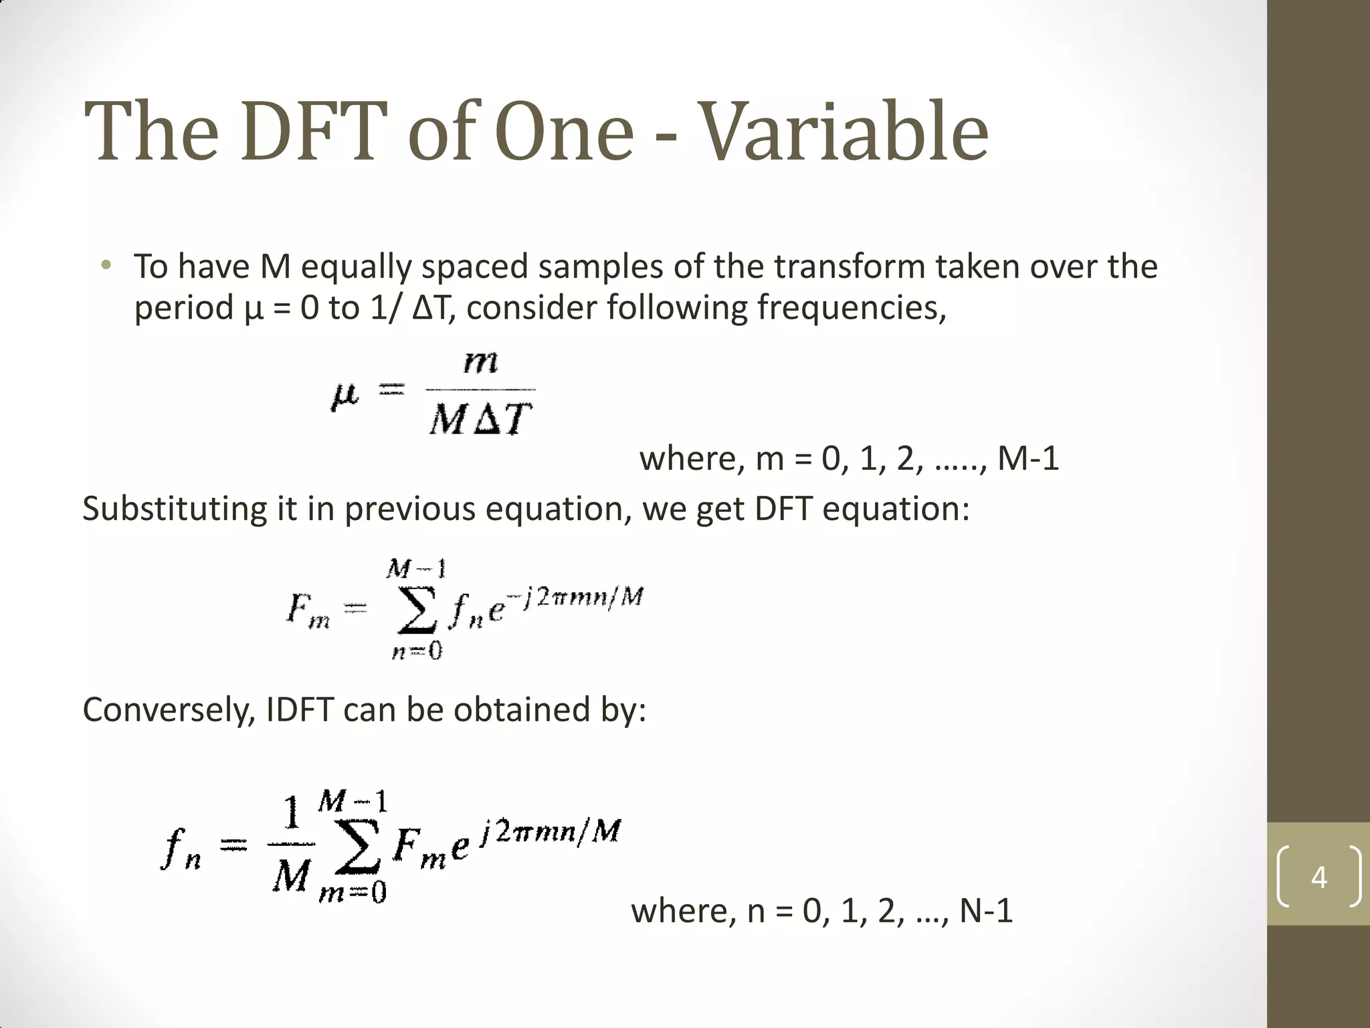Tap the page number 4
point(1318,877)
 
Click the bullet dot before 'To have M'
point(105,265)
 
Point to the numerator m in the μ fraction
point(481,363)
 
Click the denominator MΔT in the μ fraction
point(481,420)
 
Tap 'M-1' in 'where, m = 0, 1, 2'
point(1028,459)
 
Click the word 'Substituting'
point(174,509)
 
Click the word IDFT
point(300,709)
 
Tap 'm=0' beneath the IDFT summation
point(353,893)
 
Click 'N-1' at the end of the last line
point(986,911)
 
